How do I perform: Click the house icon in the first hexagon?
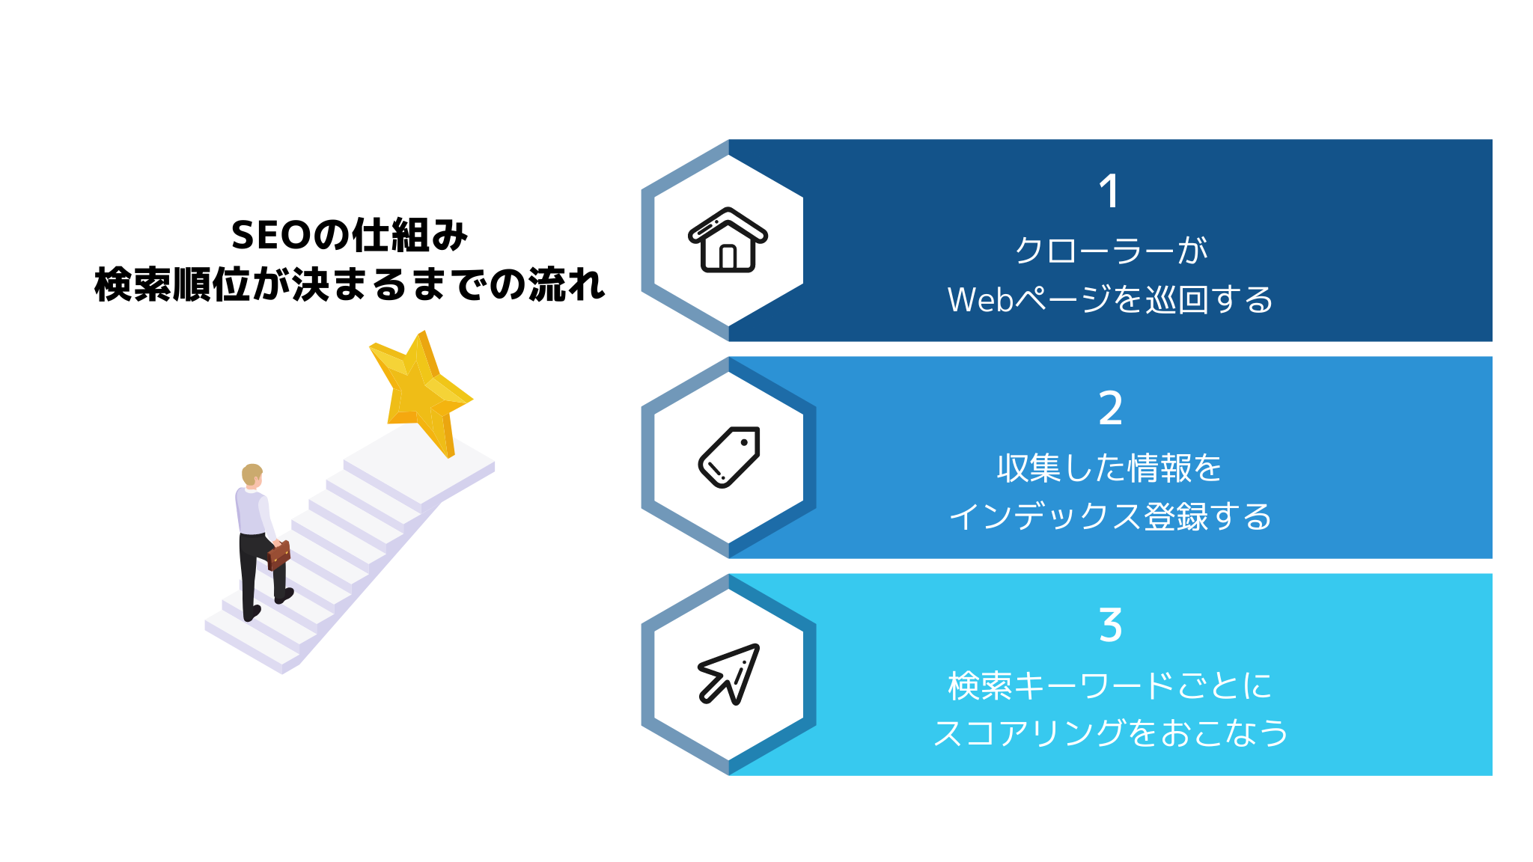728,239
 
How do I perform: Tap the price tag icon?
728,457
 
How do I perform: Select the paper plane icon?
728,674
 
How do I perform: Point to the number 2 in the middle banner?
1110,408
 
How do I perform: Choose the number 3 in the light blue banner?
1110,625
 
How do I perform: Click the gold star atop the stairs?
421,393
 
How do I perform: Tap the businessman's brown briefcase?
278,554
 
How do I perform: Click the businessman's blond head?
252,474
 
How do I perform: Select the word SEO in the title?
271,236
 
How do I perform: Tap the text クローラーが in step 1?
1111,251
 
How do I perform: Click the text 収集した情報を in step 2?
1109,468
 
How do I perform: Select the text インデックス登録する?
1111,516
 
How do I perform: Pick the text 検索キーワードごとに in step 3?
1110,685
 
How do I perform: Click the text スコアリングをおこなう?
1111,733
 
